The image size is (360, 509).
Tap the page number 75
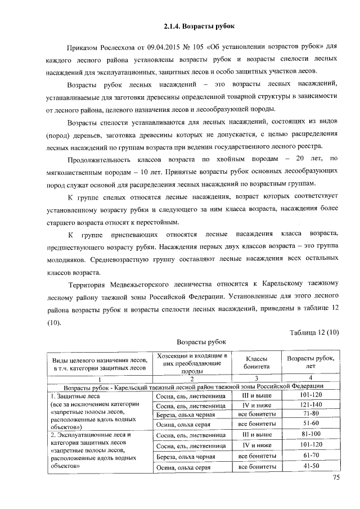[x=336, y=478]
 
